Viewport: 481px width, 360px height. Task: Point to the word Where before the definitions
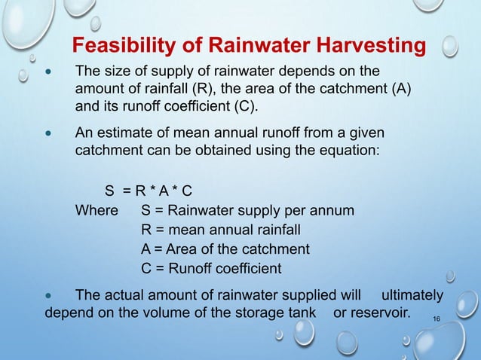(x=97, y=210)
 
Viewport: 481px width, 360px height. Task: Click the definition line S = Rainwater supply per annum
(x=247, y=210)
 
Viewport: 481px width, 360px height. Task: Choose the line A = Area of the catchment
(x=225, y=249)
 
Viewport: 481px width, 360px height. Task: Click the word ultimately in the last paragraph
(x=412, y=294)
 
